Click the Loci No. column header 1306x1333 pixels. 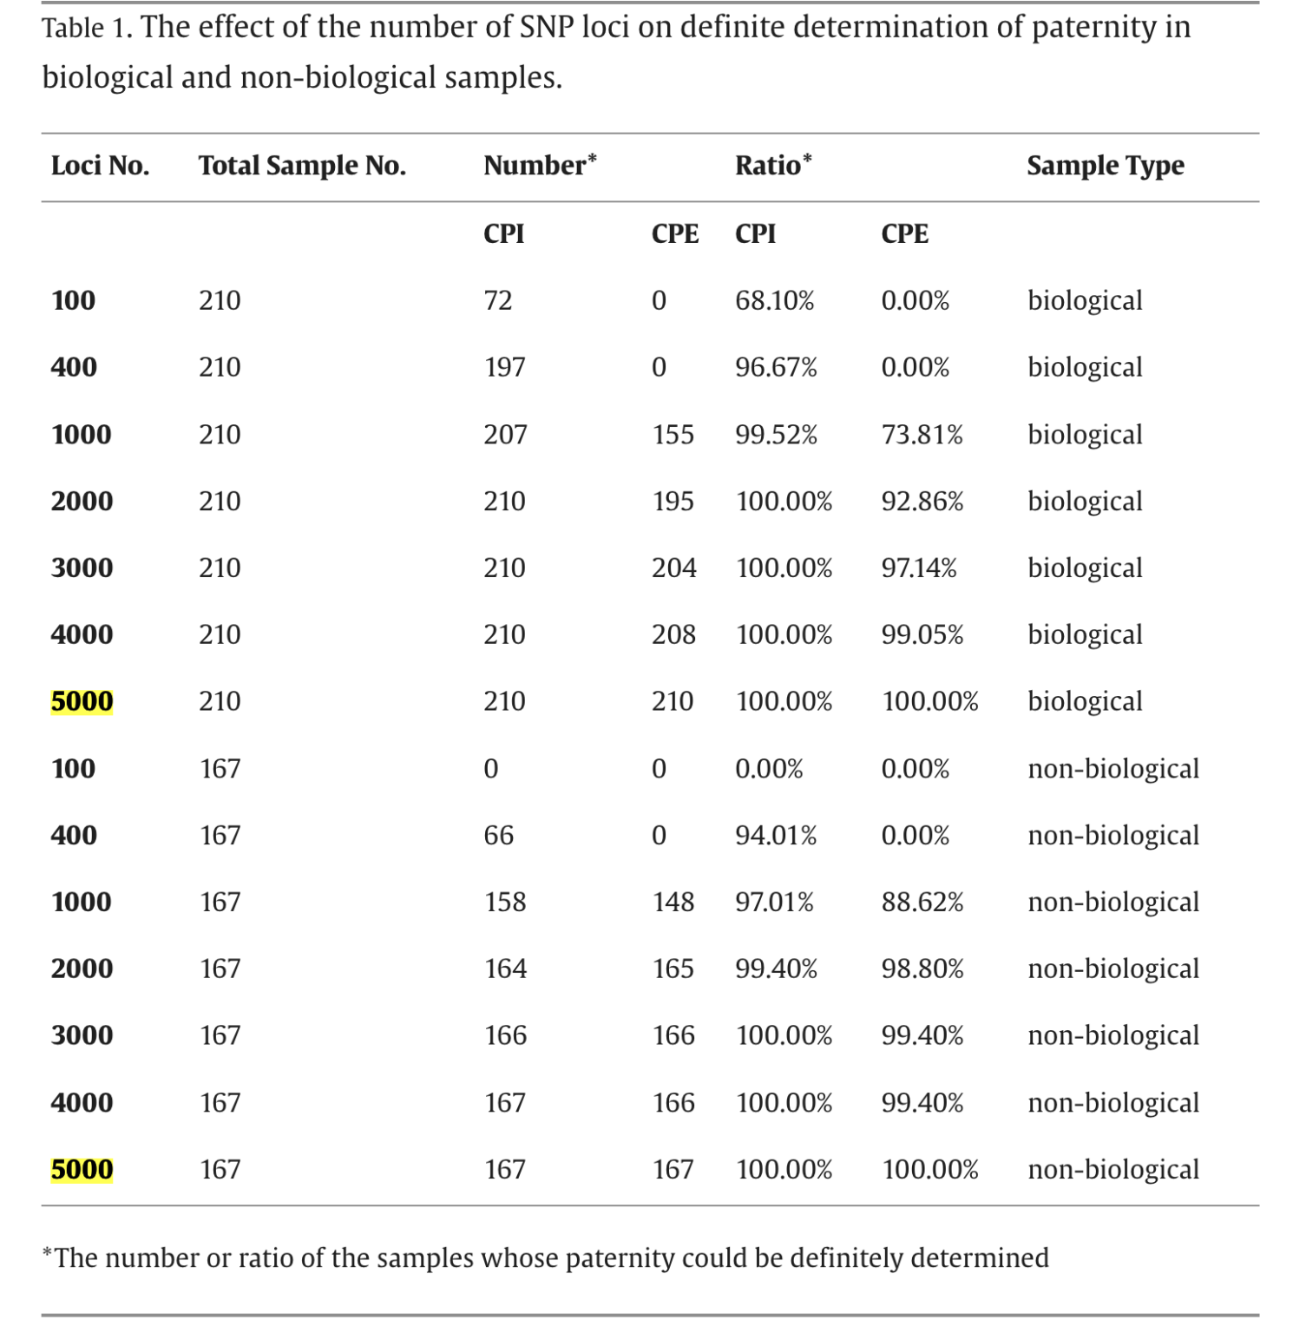[100, 166]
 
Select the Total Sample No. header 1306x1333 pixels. [302, 166]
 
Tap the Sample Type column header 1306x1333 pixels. [1105, 166]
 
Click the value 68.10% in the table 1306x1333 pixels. [774, 300]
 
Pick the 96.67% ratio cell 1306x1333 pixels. [776, 367]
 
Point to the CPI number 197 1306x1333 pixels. [504, 367]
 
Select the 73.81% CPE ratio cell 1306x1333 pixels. [922, 434]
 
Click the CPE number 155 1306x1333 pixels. [673, 434]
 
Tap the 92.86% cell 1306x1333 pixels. [922, 501]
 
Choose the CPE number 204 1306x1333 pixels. [673, 568]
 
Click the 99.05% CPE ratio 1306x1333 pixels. [922, 634]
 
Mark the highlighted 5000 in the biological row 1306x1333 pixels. [82, 701]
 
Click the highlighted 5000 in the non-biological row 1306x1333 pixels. [82, 1169]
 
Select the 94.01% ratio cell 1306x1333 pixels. [776, 835]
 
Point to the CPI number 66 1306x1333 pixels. [498, 835]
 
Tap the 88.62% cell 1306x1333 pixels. [922, 902]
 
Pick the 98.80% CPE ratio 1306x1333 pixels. [922, 969]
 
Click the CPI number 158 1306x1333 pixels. [504, 902]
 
